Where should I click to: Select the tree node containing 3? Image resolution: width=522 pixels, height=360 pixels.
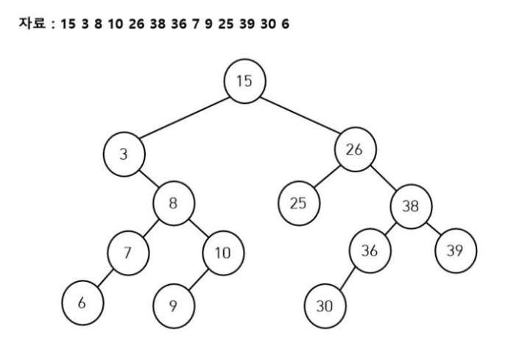[124, 155]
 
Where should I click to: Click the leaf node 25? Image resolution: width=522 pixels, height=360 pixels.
[298, 203]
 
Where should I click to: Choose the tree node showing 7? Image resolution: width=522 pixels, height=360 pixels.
[127, 253]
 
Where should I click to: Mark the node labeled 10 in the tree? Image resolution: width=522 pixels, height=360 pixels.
[222, 253]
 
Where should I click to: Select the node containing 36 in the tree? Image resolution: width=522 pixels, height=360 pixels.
[370, 250]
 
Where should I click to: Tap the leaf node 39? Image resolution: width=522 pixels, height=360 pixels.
[456, 250]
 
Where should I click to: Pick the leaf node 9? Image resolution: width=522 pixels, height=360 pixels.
[174, 305]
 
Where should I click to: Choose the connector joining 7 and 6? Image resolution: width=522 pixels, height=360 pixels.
[105, 278]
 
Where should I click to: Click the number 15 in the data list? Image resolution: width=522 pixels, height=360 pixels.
[68, 25]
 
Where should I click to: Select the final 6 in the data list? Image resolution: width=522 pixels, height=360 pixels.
[285, 25]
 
